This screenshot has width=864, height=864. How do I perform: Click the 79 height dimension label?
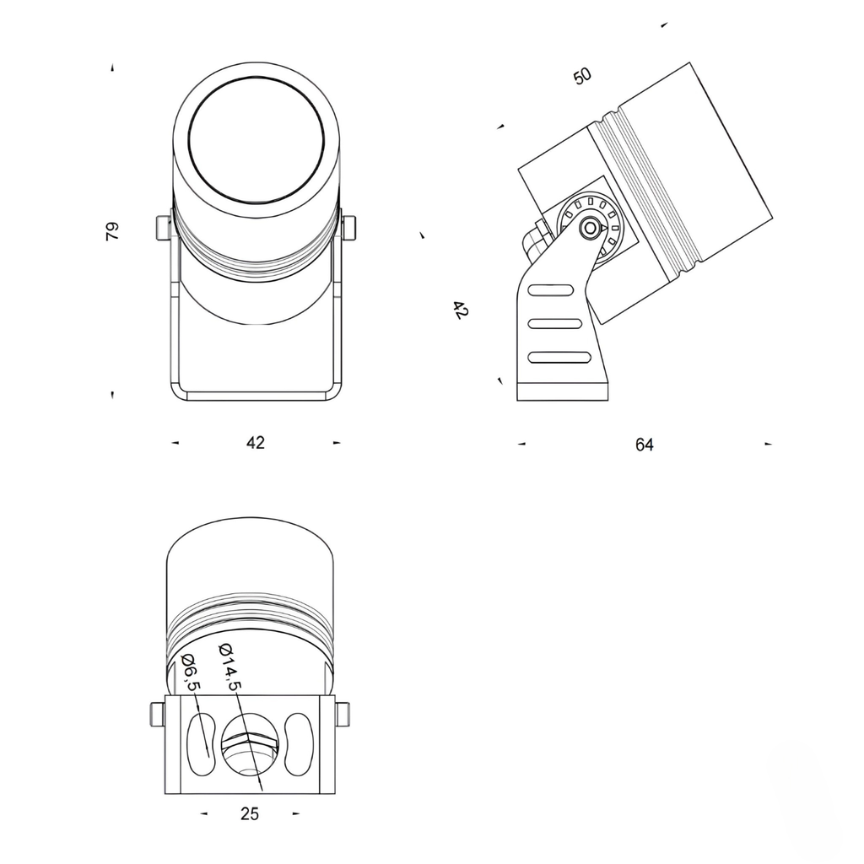[x=112, y=231]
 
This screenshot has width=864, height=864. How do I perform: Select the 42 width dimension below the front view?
[x=255, y=443]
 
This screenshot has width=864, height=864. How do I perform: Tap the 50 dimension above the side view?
[x=582, y=76]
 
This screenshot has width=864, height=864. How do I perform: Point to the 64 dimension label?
[x=645, y=445]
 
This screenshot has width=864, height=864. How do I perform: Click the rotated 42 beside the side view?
[x=460, y=310]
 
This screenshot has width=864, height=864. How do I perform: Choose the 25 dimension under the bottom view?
[x=250, y=813]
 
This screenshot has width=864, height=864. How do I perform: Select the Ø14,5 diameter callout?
[x=229, y=666]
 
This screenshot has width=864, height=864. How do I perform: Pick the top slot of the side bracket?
[x=550, y=290]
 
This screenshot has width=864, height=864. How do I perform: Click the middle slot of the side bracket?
[x=554, y=323]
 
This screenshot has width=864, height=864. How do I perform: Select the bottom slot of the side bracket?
[x=559, y=357]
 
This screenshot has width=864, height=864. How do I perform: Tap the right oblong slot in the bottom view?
[x=300, y=744]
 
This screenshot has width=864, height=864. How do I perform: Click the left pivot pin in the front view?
[x=162, y=228]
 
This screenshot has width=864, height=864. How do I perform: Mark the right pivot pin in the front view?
[x=349, y=227]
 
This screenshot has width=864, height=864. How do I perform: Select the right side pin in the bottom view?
[x=343, y=714]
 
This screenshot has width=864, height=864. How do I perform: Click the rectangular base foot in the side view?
[x=562, y=391]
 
